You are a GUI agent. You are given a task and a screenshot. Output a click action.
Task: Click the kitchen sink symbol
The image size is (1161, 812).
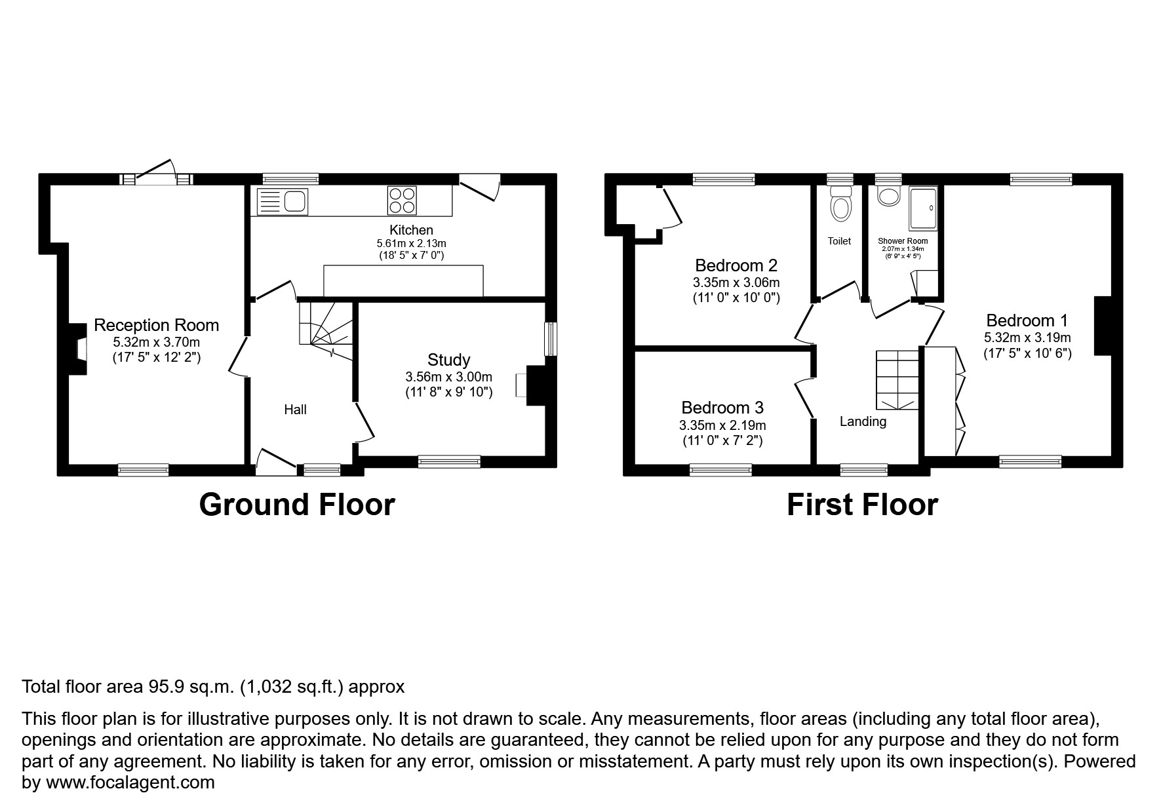click(283, 201)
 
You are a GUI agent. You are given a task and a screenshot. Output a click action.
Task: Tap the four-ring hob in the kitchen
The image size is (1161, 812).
click(402, 201)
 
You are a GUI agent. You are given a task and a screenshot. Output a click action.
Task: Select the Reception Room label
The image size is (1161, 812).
click(156, 325)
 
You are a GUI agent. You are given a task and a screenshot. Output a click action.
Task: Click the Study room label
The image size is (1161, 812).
click(448, 360)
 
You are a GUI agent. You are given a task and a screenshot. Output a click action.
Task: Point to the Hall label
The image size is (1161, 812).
click(295, 410)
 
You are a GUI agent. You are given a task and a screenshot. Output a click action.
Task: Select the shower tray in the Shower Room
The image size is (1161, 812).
click(923, 208)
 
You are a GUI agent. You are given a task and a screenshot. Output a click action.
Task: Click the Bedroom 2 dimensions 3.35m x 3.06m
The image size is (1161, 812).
click(736, 283)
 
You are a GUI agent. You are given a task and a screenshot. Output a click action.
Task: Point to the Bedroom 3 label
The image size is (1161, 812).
click(722, 408)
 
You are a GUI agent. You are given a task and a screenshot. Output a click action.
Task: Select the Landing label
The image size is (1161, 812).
click(863, 421)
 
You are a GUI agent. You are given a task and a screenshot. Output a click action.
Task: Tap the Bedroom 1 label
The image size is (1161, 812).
click(1027, 320)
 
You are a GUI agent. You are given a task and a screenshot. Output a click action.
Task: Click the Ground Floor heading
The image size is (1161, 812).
click(296, 505)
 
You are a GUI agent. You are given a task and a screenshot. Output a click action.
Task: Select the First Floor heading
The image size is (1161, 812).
click(861, 505)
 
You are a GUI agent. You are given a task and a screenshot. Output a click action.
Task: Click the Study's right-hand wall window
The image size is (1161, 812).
click(551, 339)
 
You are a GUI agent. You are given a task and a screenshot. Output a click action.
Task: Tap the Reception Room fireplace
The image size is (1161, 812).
click(79, 349)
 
